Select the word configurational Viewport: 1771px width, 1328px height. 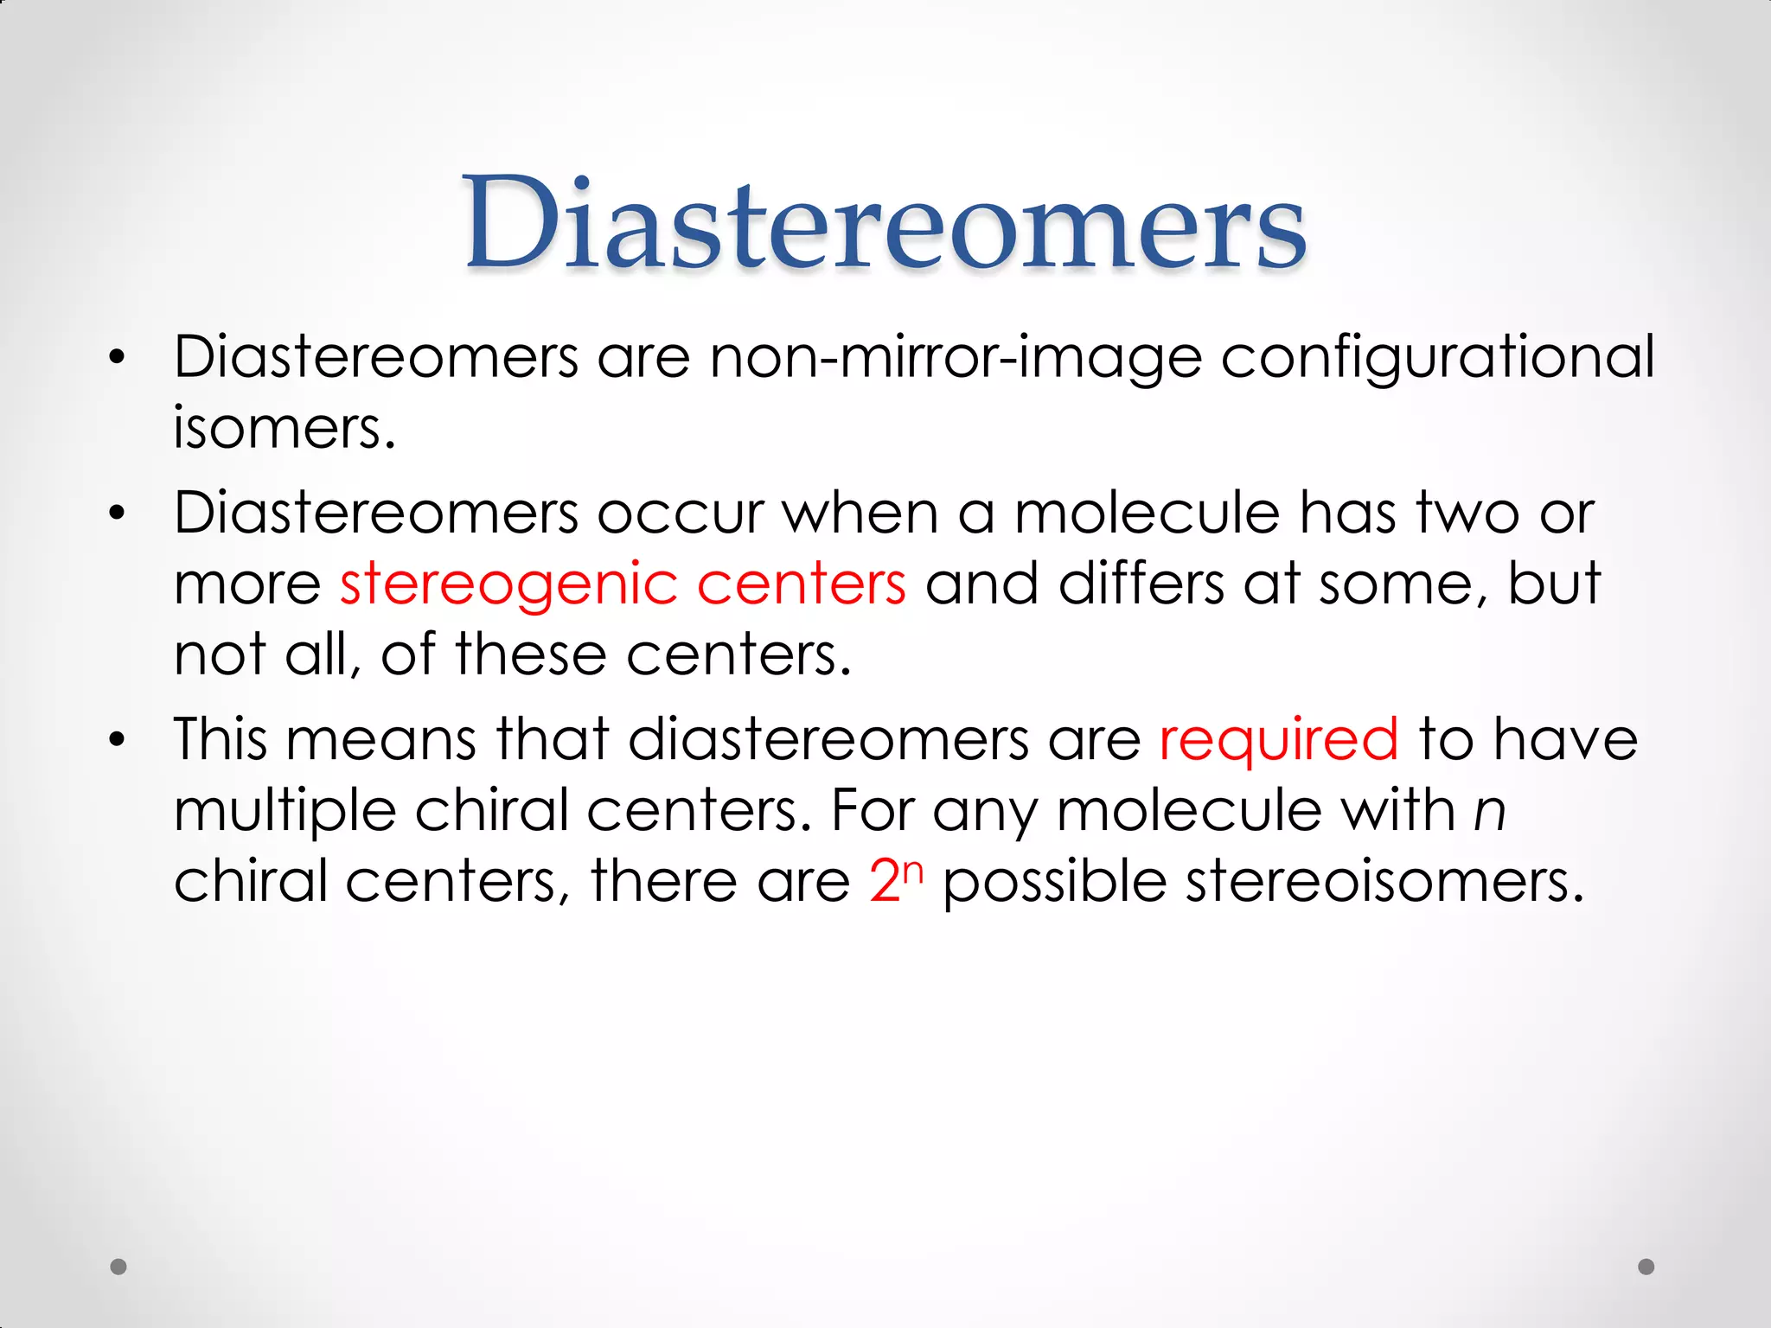click(1437, 357)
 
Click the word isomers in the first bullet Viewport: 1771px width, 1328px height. click(284, 428)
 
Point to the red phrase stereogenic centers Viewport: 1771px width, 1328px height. click(623, 584)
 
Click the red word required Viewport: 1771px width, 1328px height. click(1278, 740)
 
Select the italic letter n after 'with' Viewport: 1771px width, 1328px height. click(1489, 811)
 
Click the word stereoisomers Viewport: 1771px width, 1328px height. click(1384, 882)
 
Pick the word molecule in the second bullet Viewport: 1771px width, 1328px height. click(1147, 514)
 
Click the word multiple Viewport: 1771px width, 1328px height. click(284, 811)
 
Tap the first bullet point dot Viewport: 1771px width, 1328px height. click(118, 357)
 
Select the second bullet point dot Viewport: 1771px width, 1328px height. click(118, 514)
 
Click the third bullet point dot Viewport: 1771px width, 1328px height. click(118, 740)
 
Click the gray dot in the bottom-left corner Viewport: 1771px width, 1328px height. click(119, 1267)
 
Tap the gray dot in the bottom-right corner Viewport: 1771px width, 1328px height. click(1646, 1267)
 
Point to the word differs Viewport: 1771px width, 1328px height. click(1141, 584)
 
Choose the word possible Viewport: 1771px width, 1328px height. click(1054, 882)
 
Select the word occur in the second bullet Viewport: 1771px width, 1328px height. click(681, 514)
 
